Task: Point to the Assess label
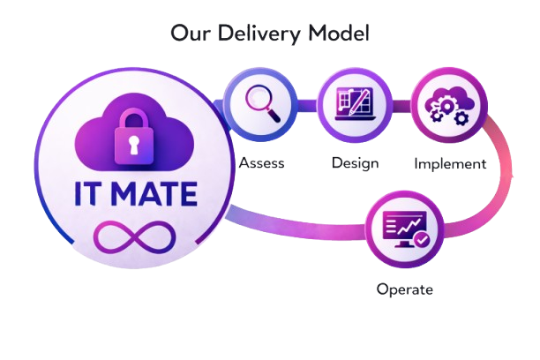tap(261, 163)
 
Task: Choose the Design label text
tap(355, 163)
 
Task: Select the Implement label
tap(450, 163)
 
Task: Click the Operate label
tap(405, 289)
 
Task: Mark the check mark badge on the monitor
tap(422, 238)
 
